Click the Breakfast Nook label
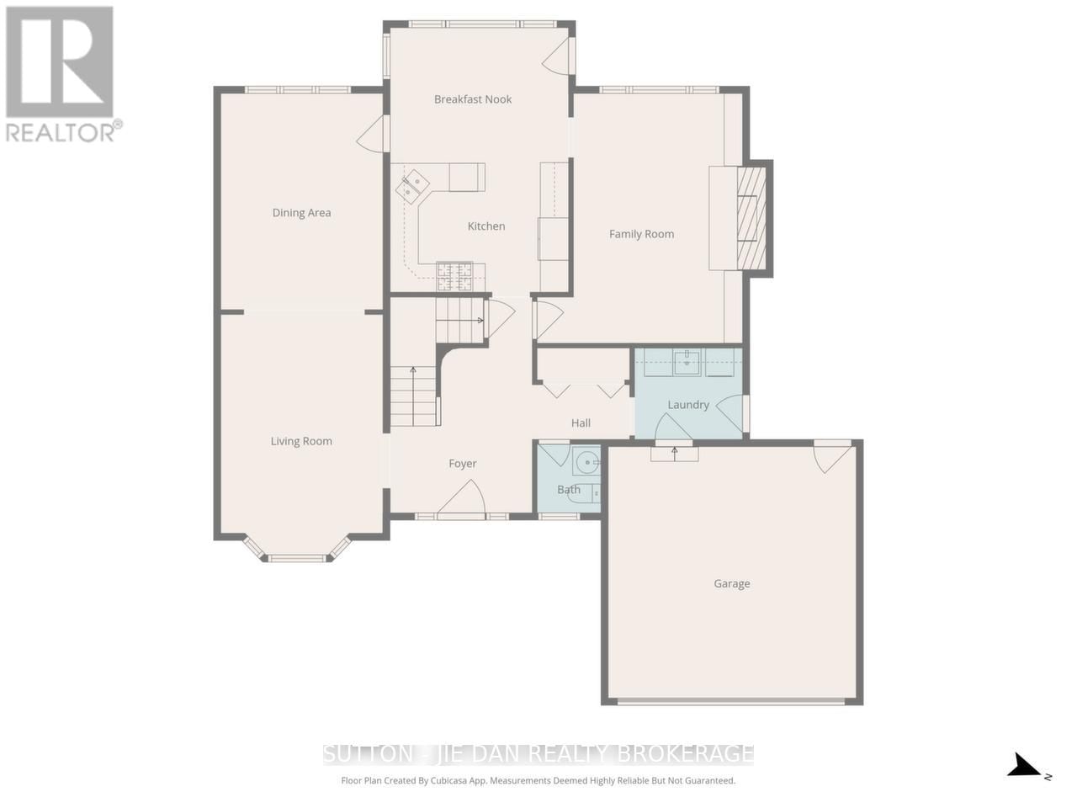(x=473, y=99)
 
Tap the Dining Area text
(x=301, y=213)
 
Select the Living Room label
(x=301, y=441)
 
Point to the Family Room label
(x=641, y=234)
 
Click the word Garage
(x=731, y=583)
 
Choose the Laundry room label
(x=688, y=405)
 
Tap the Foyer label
(x=462, y=464)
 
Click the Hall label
(x=581, y=423)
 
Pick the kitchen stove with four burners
(x=454, y=275)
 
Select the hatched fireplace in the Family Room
(x=752, y=218)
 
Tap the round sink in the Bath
(x=586, y=462)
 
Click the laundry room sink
(x=687, y=363)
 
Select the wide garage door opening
(x=731, y=700)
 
